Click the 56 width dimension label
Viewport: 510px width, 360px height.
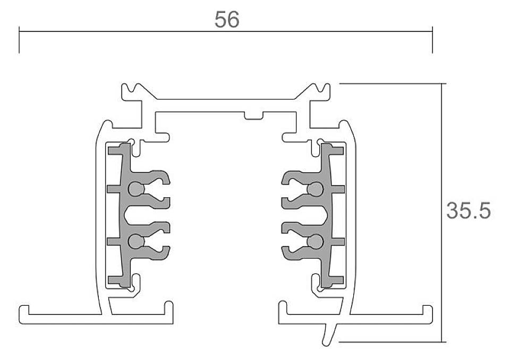[x=227, y=19]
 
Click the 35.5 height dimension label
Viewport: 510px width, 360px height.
[x=468, y=210]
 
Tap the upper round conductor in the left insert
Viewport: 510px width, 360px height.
[x=137, y=189]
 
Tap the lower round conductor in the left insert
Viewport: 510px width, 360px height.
[x=137, y=241]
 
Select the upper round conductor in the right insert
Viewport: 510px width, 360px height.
[x=315, y=189]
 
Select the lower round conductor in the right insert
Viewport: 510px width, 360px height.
[x=315, y=241]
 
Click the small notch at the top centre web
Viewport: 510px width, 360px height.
[x=254, y=115]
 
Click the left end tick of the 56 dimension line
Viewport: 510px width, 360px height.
[x=19, y=40]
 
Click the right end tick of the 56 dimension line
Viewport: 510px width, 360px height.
[x=432, y=40]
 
